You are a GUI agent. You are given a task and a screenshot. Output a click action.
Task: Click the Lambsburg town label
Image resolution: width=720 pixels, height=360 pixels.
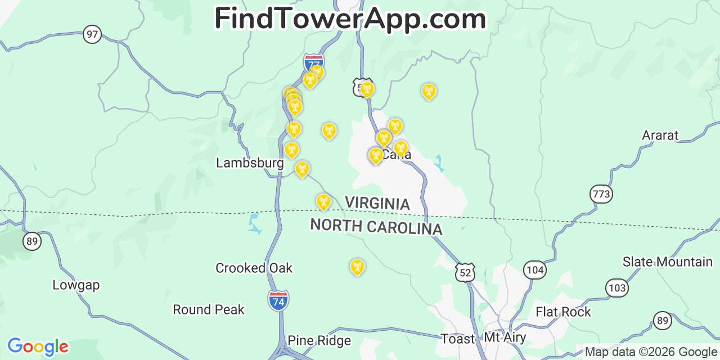(x=250, y=163)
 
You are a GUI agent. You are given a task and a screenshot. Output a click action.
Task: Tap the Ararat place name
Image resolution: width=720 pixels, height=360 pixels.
(x=660, y=136)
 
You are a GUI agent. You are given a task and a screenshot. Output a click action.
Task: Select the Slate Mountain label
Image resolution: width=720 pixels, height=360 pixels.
(x=667, y=262)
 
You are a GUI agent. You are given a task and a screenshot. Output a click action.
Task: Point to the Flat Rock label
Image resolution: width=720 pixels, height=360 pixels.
(x=563, y=312)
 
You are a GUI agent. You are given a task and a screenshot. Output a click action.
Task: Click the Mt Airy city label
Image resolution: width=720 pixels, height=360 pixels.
(x=505, y=338)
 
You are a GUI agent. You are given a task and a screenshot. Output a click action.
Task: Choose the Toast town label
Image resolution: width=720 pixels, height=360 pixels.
(x=458, y=339)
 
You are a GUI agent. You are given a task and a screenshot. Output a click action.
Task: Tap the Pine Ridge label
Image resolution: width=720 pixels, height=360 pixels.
(x=319, y=341)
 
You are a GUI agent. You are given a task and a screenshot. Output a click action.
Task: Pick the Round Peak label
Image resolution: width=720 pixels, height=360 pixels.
(x=209, y=310)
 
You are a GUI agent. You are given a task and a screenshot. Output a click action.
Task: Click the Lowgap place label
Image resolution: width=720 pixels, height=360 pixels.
(x=76, y=285)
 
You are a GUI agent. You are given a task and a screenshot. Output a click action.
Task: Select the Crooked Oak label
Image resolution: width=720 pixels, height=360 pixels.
(x=254, y=268)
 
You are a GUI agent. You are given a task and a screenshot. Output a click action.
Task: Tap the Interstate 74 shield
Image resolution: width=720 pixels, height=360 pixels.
(x=278, y=301)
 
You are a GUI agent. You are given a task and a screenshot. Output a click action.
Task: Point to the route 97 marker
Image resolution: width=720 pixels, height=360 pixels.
(x=92, y=34)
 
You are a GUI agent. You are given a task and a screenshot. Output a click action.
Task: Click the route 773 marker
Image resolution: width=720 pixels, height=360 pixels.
(x=601, y=195)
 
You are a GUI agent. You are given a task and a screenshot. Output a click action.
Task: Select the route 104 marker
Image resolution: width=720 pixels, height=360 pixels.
(x=534, y=270)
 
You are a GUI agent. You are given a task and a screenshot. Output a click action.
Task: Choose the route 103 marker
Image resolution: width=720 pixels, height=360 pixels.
(x=616, y=289)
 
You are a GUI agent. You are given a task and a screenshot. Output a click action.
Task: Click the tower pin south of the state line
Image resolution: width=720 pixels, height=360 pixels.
(x=357, y=267)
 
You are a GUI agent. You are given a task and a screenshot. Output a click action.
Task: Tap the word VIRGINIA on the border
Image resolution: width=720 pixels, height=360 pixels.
(x=377, y=203)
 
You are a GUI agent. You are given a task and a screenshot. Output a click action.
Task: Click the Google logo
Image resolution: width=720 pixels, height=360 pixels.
(x=38, y=346)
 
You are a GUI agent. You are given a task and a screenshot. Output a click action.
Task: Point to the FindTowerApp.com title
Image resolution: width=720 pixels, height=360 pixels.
(x=350, y=19)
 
